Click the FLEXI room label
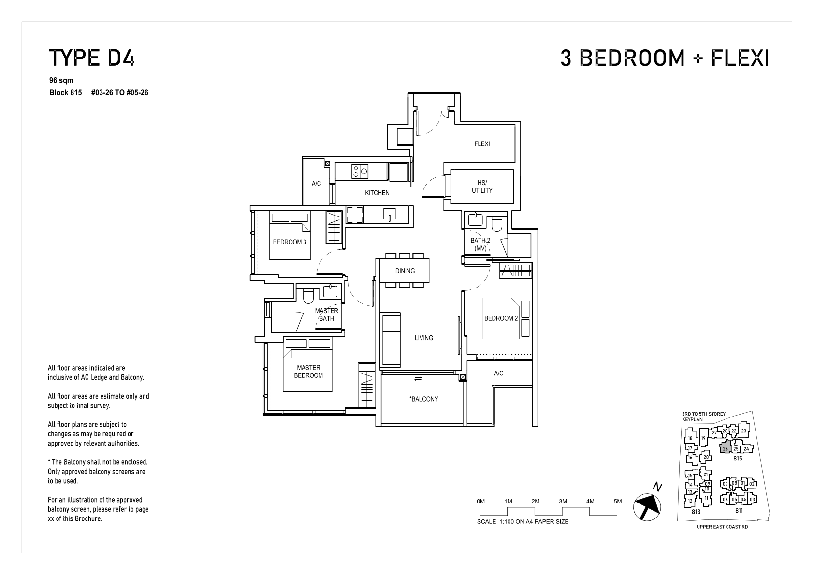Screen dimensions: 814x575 [x=482, y=144]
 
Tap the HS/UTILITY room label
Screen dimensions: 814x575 [x=482, y=187]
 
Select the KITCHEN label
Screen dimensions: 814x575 [x=377, y=193]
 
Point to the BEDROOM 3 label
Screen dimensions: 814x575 [x=290, y=242]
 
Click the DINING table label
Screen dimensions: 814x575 [x=405, y=271]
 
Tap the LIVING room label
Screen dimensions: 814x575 [x=424, y=338]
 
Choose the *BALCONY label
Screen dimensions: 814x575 [x=424, y=399]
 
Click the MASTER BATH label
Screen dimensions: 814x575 [x=326, y=315]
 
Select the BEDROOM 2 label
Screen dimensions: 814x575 [x=501, y=318]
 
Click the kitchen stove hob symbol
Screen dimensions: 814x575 [x=360, y=171]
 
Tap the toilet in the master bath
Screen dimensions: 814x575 [x=308, y=296]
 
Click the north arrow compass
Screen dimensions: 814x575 [x=647, y=506]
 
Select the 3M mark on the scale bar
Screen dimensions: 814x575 [x=563, y=502]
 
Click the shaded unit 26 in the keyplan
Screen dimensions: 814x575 [x=726, y=447]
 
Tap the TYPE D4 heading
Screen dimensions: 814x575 [x=91, y=58]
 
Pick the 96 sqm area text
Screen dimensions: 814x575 [x=61, y=80]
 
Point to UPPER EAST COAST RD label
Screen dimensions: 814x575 [x=722, y=527]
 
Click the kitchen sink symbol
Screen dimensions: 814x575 [x=390, y=215]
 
